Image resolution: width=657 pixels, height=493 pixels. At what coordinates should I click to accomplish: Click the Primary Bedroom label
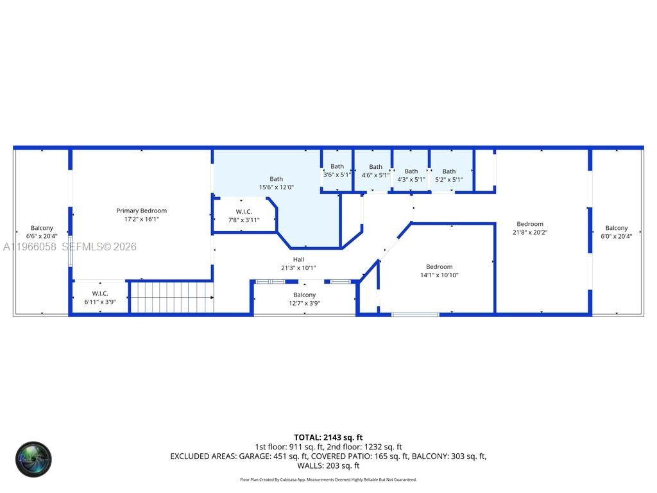[141, 211]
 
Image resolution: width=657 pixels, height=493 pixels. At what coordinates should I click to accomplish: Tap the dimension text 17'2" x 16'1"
[141, 219]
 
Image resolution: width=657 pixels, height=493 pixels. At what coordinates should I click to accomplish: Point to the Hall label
[298, 259]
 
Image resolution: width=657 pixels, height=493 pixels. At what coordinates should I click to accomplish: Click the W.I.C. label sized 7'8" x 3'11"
[244, 211]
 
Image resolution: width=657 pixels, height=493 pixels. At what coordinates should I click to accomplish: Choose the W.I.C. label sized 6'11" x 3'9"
[99, 293]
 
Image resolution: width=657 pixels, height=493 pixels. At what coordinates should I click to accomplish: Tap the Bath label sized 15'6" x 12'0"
[276, 179]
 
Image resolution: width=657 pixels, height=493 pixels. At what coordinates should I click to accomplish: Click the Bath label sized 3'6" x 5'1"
[337, 166]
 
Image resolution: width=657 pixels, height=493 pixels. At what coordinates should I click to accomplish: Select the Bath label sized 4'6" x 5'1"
[375, 167]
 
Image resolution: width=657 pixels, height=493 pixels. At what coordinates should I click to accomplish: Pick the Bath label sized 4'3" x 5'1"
[411, 171]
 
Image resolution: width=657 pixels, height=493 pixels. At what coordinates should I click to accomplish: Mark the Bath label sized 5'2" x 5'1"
[449, 171]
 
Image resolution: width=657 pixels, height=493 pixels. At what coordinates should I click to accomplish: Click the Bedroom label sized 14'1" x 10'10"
[439, 266]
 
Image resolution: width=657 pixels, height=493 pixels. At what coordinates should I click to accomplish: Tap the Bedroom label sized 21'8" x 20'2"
[530, 224]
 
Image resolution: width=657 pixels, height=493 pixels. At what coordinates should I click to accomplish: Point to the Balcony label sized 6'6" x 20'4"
[42, 228]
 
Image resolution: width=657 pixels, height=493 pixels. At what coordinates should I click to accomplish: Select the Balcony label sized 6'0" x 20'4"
[616, 228]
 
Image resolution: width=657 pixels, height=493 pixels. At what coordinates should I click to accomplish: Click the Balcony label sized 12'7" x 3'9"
[305, 295]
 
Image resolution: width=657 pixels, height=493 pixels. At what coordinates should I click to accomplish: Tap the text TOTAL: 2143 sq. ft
[328, 437]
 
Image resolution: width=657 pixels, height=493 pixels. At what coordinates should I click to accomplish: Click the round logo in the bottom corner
[33, 459]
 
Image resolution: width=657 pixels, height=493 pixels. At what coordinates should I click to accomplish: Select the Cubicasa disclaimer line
[328, 480]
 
